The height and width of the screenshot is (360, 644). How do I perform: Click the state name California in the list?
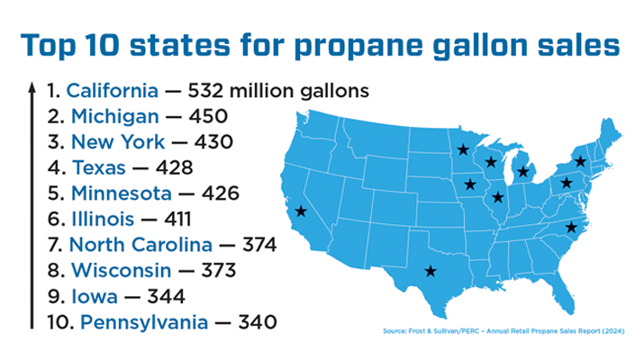[x=113, y=91]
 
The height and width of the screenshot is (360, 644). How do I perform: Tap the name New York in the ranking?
[x=118, y=142]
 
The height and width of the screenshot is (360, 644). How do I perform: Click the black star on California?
[x=301, y=211]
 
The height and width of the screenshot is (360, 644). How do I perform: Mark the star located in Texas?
[x=431, y=271]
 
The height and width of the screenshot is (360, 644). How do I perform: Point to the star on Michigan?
[x=522, y=171]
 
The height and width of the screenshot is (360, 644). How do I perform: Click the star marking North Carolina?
[x=570, y=228]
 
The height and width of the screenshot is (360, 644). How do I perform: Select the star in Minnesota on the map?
[x=462, y=150]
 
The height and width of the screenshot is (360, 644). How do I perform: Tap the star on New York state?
[x=581, y=162]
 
